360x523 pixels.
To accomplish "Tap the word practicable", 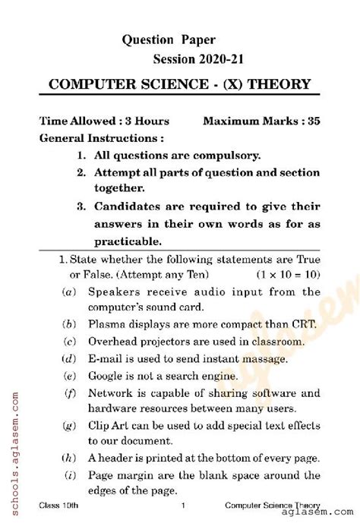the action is coord(128,241).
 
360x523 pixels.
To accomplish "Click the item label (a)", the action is coord(69,291).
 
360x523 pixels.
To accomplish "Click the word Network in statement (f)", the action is coord(112,393).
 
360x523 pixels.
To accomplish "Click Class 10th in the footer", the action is coord(58,506).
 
